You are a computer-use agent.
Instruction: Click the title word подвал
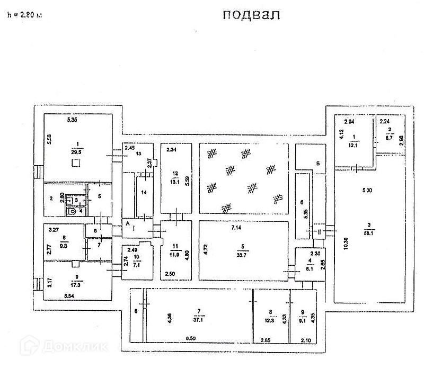251,15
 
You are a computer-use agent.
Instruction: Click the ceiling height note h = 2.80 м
24,15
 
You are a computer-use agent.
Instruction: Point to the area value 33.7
242,251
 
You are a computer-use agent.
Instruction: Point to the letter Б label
316,163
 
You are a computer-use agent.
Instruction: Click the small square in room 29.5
77,165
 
